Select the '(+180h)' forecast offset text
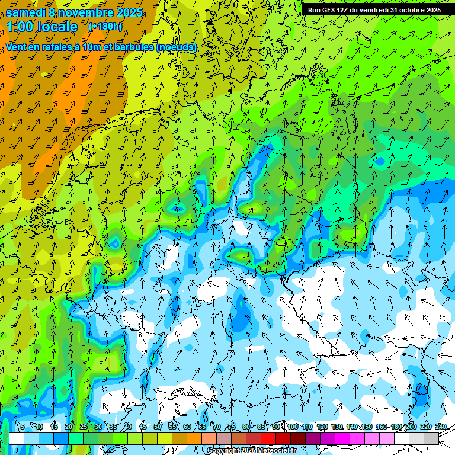click(x=105, y=27)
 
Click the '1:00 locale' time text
click(x=42, y=27)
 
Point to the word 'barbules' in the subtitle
click(x=133, y=47)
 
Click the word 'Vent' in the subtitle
click(x=17, y=47)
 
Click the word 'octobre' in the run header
click(x=408, y=10)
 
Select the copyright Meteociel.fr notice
click(x=251, y=451)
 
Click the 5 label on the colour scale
click(x=23, y=427)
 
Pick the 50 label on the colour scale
click(x=158, y=427)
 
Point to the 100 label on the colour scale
click(x=293, y=427)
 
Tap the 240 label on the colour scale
click(x=441, y=427)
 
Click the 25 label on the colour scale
click(x=84, y=427)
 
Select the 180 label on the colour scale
click(x=396, y=427)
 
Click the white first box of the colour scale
click(x=17, y=438)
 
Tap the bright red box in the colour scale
click(x=268, y=438)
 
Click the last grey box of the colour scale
click(x=431, y=438)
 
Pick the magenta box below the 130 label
click(x=342, y=438)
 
